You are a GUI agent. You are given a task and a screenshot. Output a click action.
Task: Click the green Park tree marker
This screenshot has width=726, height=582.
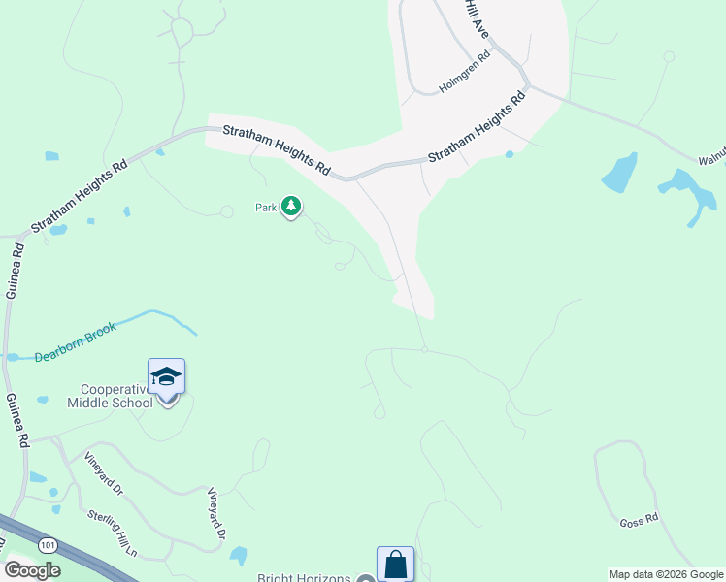tap(291, 207)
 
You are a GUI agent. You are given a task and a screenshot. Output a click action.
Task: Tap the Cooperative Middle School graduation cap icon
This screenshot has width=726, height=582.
tap(166, 376)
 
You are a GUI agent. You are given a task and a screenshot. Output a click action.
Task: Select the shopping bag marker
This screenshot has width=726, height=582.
tap(395, 564)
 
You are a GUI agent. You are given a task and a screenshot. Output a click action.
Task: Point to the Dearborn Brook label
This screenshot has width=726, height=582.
tap(76, 342)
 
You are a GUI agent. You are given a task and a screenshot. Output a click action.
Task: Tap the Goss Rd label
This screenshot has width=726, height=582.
tap(639, 521)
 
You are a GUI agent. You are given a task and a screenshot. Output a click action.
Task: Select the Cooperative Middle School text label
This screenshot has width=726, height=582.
tap(110, 396)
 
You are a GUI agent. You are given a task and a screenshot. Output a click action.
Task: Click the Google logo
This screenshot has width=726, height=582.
tap(32, 570)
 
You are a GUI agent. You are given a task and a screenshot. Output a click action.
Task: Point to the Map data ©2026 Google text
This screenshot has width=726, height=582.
tap(665, 574)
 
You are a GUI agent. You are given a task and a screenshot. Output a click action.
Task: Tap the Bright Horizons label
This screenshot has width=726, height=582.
tap(303, 578)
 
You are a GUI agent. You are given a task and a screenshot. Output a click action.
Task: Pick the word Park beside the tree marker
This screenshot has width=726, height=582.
tap(266, 207)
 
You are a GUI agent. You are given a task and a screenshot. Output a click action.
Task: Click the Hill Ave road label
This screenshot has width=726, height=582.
tap(477, 19)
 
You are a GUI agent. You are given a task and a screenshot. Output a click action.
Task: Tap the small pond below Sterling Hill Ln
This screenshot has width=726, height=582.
tap(238, 556)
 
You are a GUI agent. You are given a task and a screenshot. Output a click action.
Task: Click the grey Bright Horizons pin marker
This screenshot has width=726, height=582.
tap(365, 579)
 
